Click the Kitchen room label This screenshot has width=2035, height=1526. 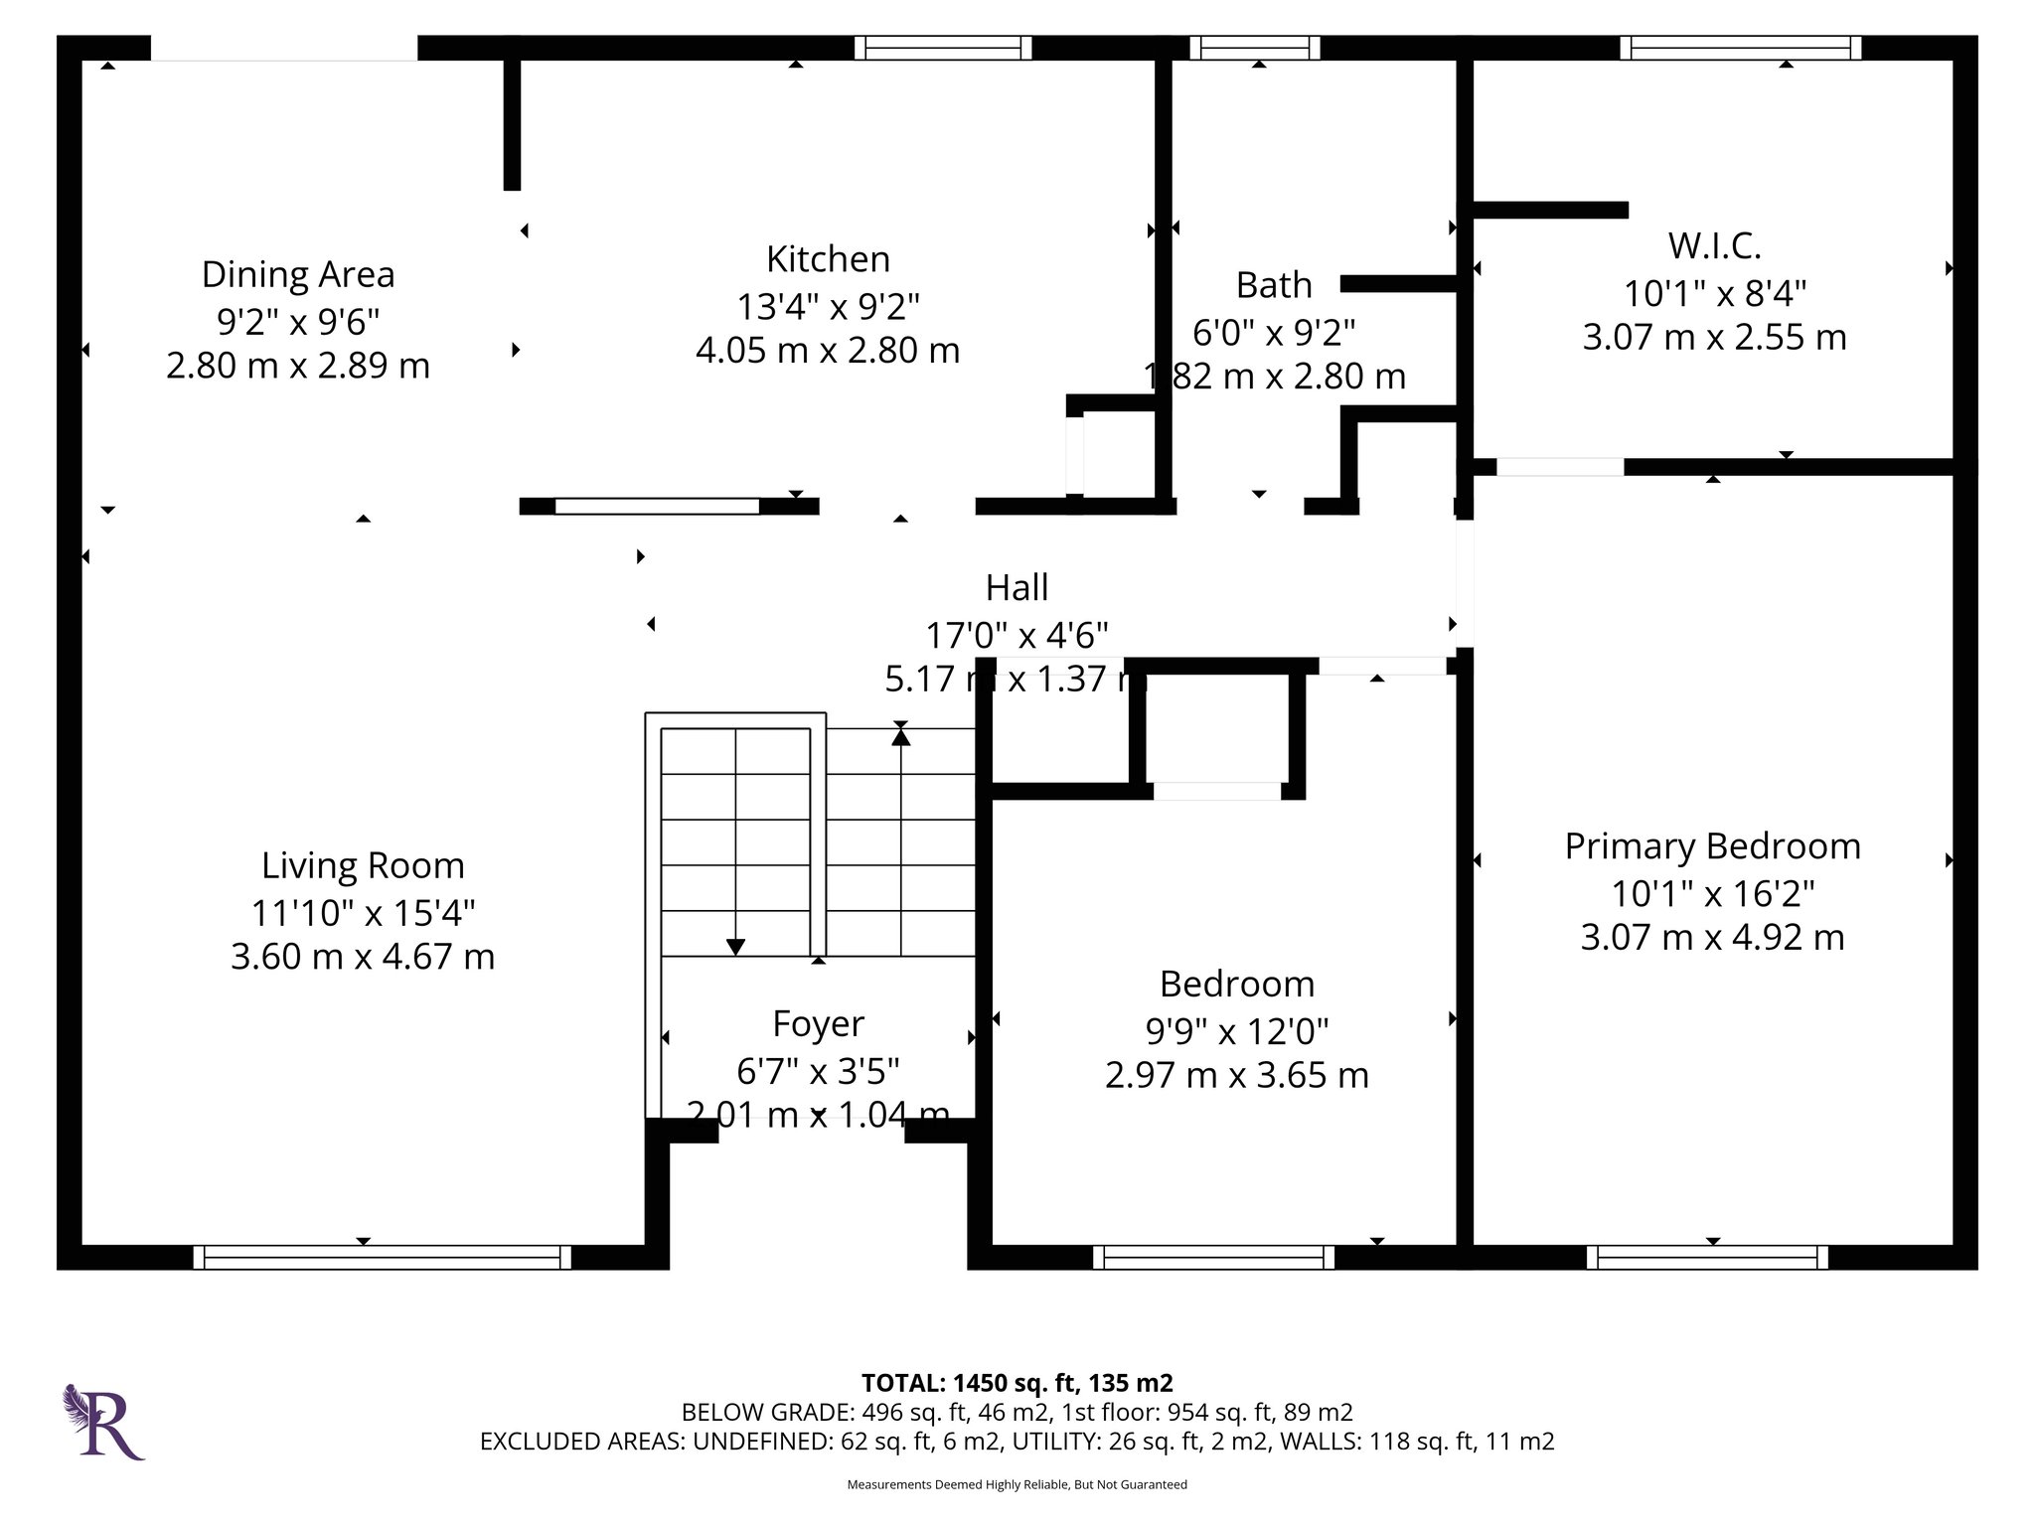(827, 259)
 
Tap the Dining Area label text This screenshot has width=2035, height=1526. (298, 274)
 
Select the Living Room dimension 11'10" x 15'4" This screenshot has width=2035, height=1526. (363, 911)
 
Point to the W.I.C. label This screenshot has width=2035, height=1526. (1714, 244)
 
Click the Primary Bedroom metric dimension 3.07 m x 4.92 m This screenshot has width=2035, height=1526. (1712, 937)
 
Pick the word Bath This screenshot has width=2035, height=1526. (1274, 285)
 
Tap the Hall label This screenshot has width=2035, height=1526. (1017, 587)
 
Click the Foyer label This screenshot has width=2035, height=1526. (818, 1023)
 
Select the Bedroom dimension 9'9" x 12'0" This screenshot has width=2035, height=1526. (1236, 1031)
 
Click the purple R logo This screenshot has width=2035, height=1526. (103, 1422)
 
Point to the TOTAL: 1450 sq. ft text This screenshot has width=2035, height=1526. (1017, 1383)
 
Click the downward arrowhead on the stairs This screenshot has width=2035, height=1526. (735, 947)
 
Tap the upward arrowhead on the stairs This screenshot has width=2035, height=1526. (900, 736)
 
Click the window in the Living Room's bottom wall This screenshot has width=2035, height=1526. (382, 1257)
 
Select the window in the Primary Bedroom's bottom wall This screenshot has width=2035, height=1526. (1706, 1257)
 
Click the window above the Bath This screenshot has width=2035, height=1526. (1255, 48)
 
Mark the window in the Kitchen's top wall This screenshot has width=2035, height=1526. (942, 48)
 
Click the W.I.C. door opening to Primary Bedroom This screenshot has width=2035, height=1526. (1559, 467)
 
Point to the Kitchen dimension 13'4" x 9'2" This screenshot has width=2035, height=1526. (827, 306)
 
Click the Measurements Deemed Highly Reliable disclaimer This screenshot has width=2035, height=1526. (1017, 1484)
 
